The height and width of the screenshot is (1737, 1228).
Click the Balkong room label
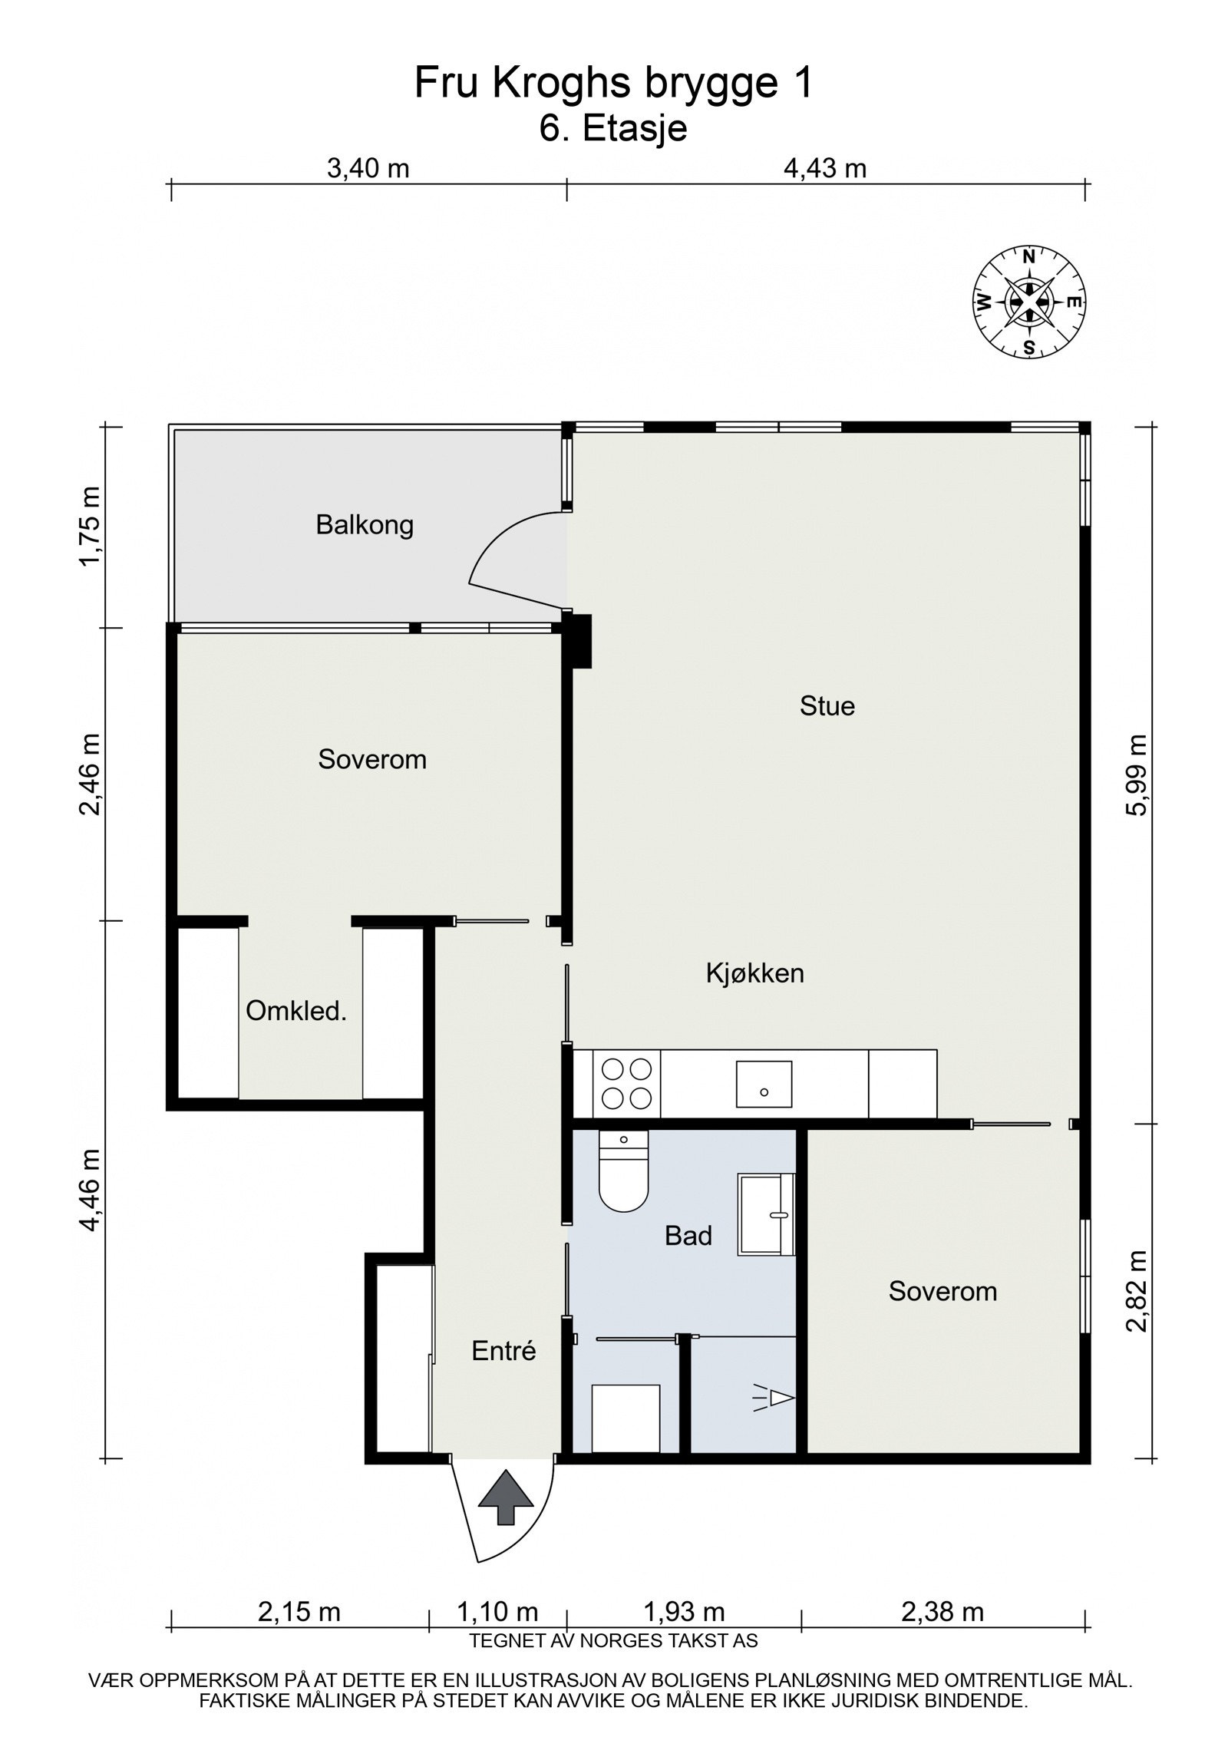click(x=365, y=525)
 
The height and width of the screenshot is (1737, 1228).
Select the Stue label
click(x=827, y=705)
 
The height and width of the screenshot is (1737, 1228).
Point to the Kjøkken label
click(x=754, y=973)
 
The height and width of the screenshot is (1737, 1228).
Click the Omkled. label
click(x=296, y=1011)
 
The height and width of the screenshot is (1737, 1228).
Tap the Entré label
click(x=503, y=1350)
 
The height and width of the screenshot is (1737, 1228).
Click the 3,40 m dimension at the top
click(x=368, y=168)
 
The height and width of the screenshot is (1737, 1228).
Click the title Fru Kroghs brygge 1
click(x=612, y=83)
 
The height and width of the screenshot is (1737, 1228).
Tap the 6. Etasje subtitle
click(x=612, y=128)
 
